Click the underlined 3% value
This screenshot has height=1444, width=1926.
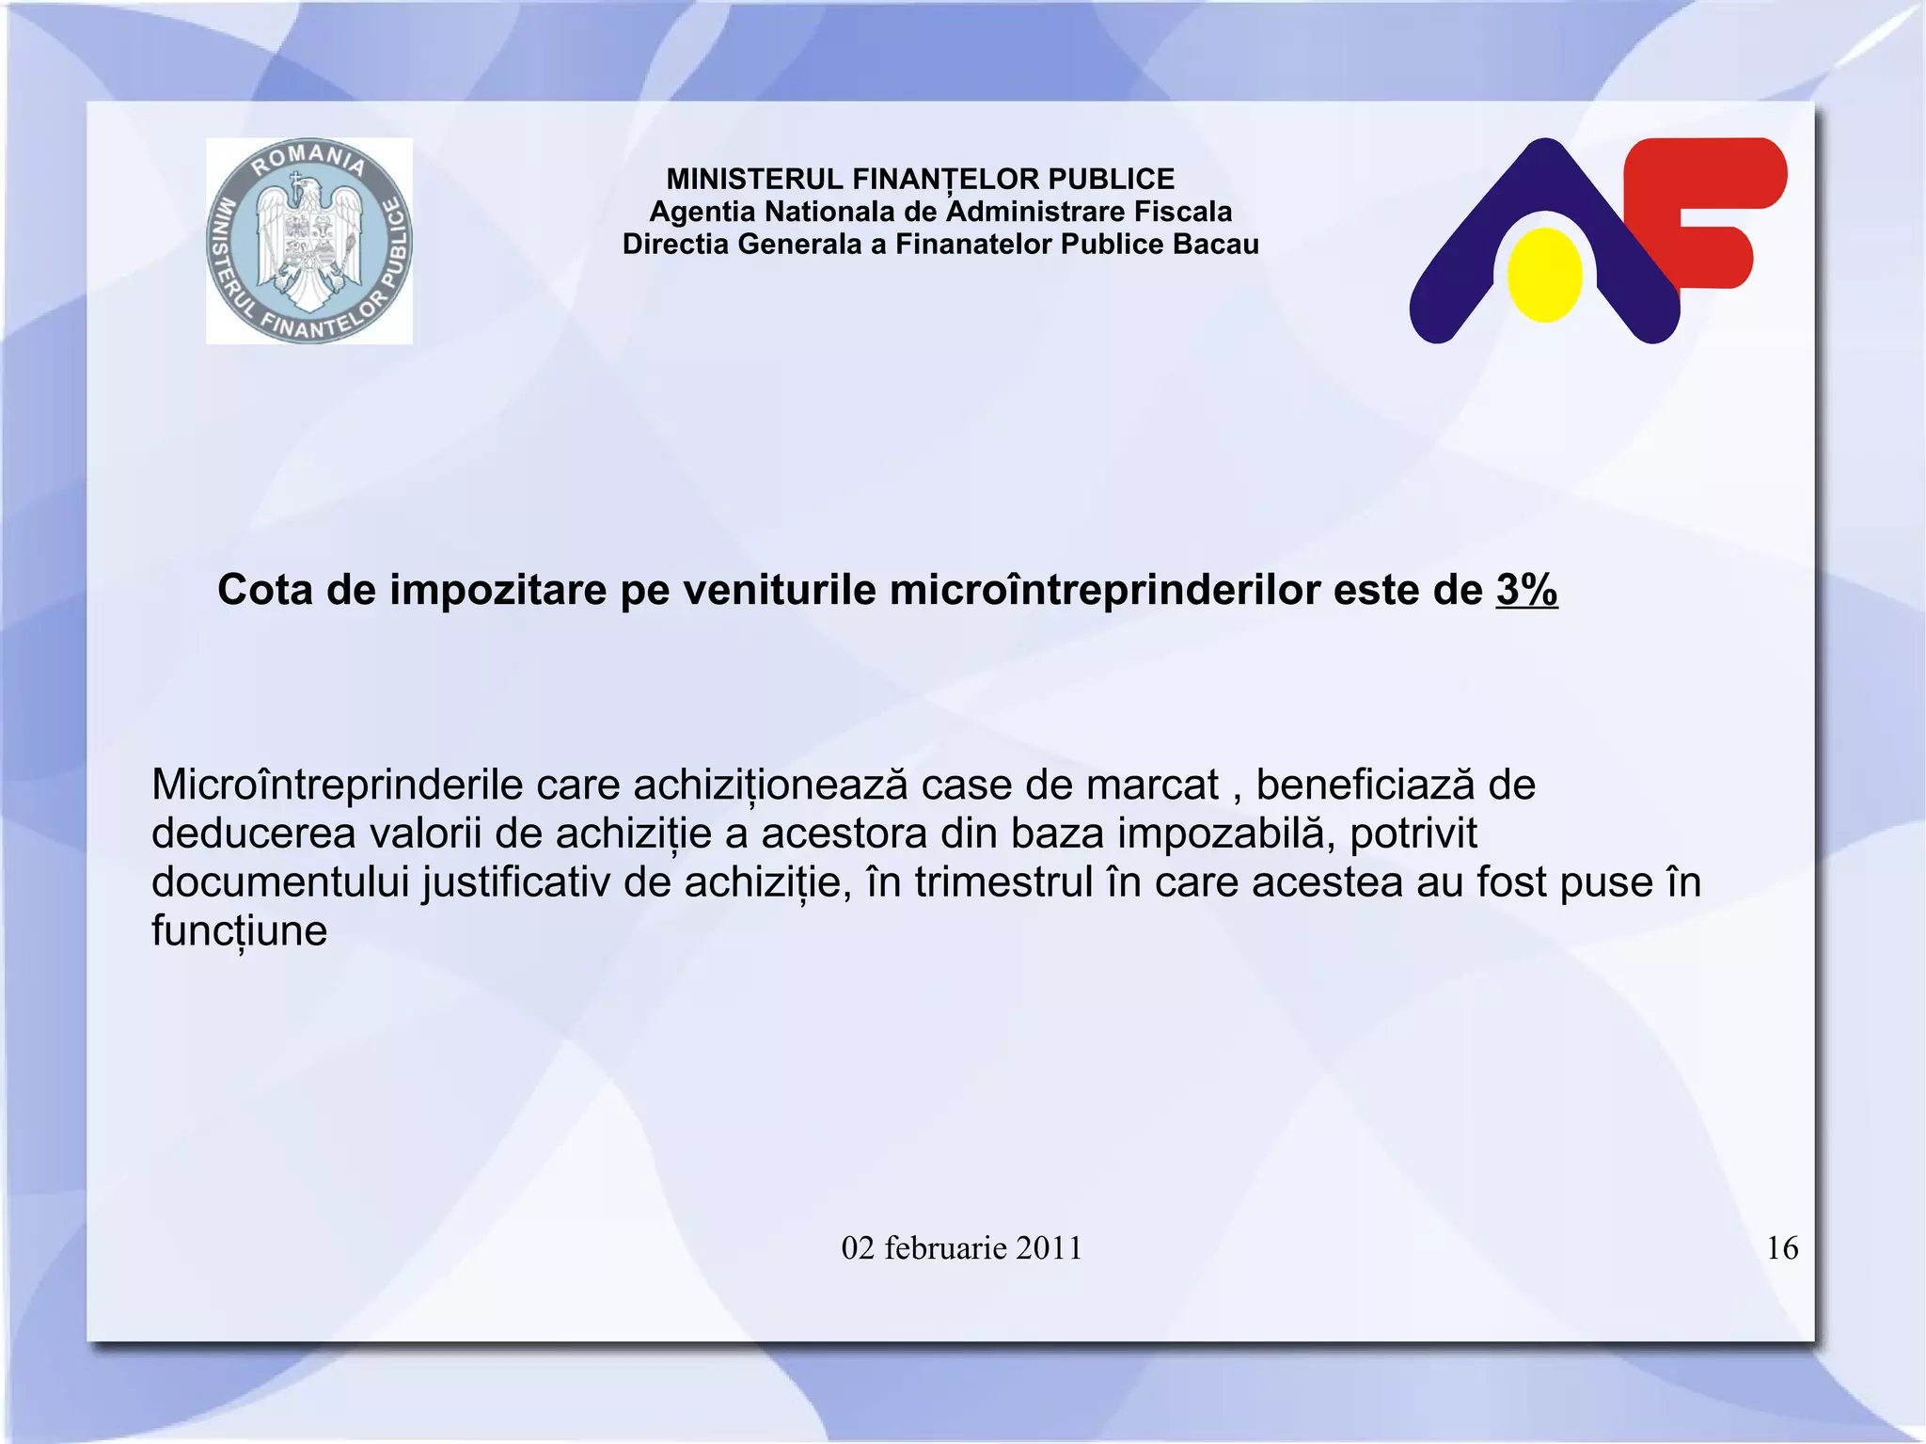[x=1526, y=591]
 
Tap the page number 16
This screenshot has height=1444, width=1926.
[x=1782, y=1248]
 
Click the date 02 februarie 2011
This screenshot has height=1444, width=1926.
[x=961, y=1248]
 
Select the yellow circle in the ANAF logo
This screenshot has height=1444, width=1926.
[x=1544, y=275]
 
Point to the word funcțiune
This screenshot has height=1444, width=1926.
[x=239, y=931]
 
